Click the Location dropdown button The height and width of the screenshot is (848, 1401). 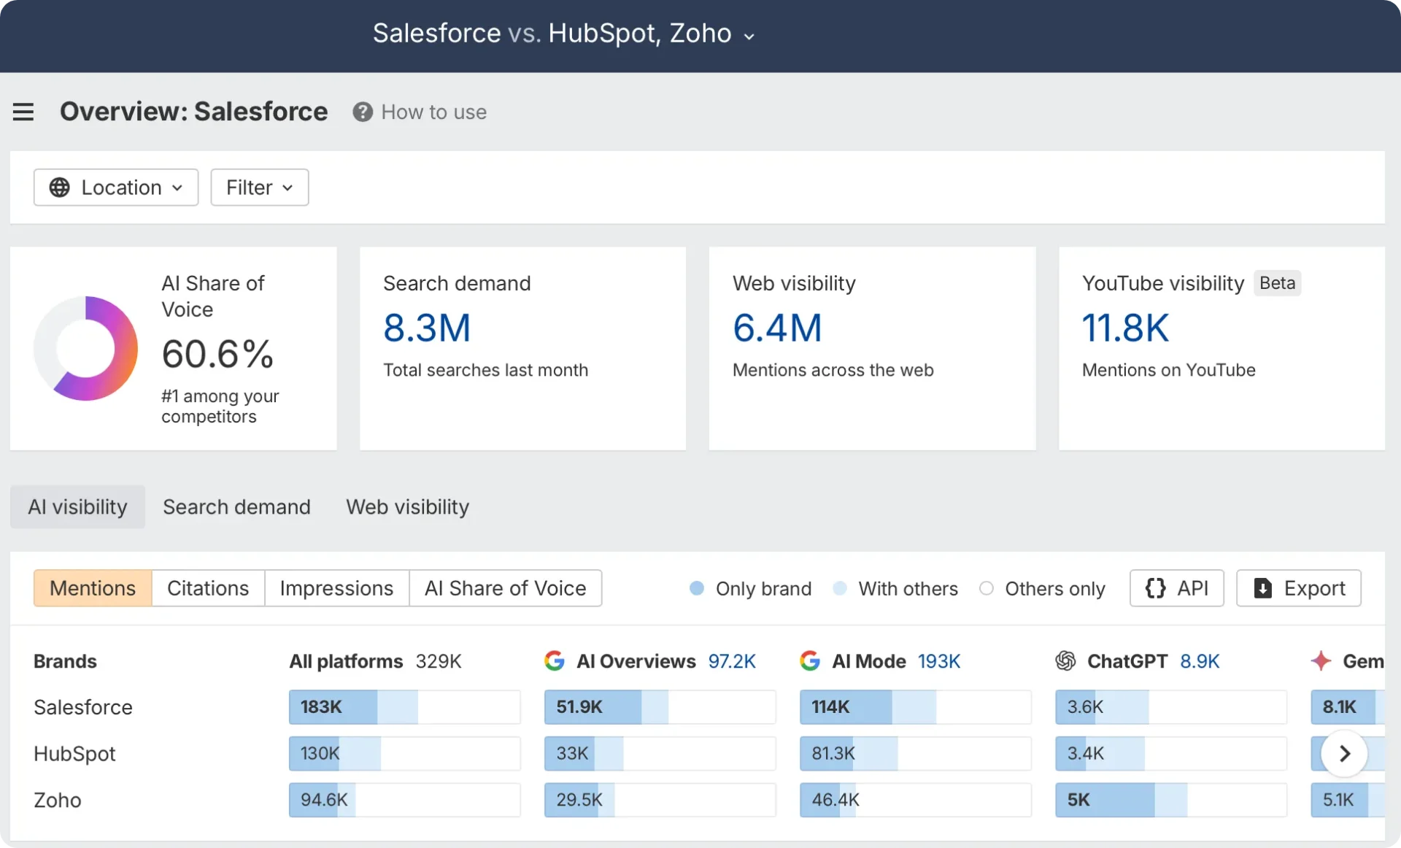point(116,188)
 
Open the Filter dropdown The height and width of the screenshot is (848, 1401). point(259,188)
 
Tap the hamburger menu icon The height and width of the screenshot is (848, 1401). point(23,112)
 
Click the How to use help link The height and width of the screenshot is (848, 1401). point(420,112)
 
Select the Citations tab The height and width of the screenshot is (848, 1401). point(208,588)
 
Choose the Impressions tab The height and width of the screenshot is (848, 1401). point(336,588)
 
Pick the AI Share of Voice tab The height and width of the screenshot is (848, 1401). point(505,588)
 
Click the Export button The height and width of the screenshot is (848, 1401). point(1298,588)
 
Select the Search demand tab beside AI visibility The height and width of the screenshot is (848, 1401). point(236,506)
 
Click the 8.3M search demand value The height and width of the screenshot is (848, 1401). point(427,328)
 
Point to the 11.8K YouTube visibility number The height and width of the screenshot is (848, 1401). point(1124,328)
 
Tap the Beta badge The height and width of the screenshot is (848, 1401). point(1277,283)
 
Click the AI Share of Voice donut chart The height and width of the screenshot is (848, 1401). point(85,348)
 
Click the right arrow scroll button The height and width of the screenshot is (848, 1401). point(1344,753)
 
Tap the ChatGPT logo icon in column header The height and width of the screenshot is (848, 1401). point(1065,661)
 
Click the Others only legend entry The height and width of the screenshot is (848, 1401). point(1043,588)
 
